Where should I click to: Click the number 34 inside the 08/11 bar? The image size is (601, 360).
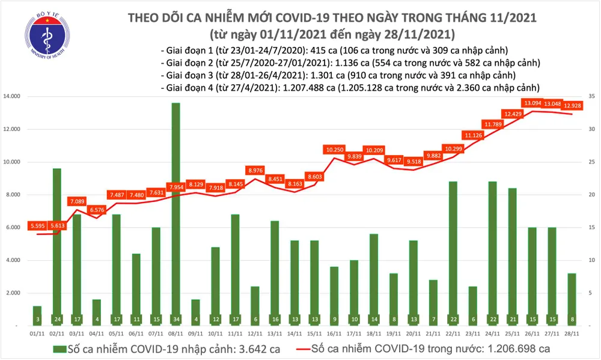(x=175, y=319)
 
